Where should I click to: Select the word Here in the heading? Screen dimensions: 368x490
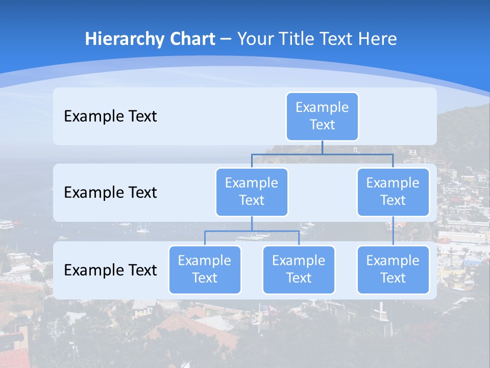378,39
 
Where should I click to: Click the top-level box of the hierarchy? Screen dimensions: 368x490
322,117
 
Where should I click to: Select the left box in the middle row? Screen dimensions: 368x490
252,192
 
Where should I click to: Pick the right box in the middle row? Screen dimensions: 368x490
393,192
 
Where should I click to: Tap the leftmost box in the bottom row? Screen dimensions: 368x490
205,270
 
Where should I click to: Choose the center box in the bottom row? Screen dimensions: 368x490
299,270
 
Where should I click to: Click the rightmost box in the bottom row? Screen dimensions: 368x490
393,270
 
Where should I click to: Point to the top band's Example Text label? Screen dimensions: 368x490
110,117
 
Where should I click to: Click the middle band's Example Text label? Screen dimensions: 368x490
110,193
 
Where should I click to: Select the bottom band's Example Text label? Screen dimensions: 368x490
110,270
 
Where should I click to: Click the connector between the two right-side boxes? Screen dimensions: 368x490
393,231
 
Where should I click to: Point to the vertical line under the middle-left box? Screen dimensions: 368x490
252,224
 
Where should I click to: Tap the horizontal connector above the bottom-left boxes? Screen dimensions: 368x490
252,231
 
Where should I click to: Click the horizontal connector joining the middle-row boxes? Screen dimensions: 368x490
322,153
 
